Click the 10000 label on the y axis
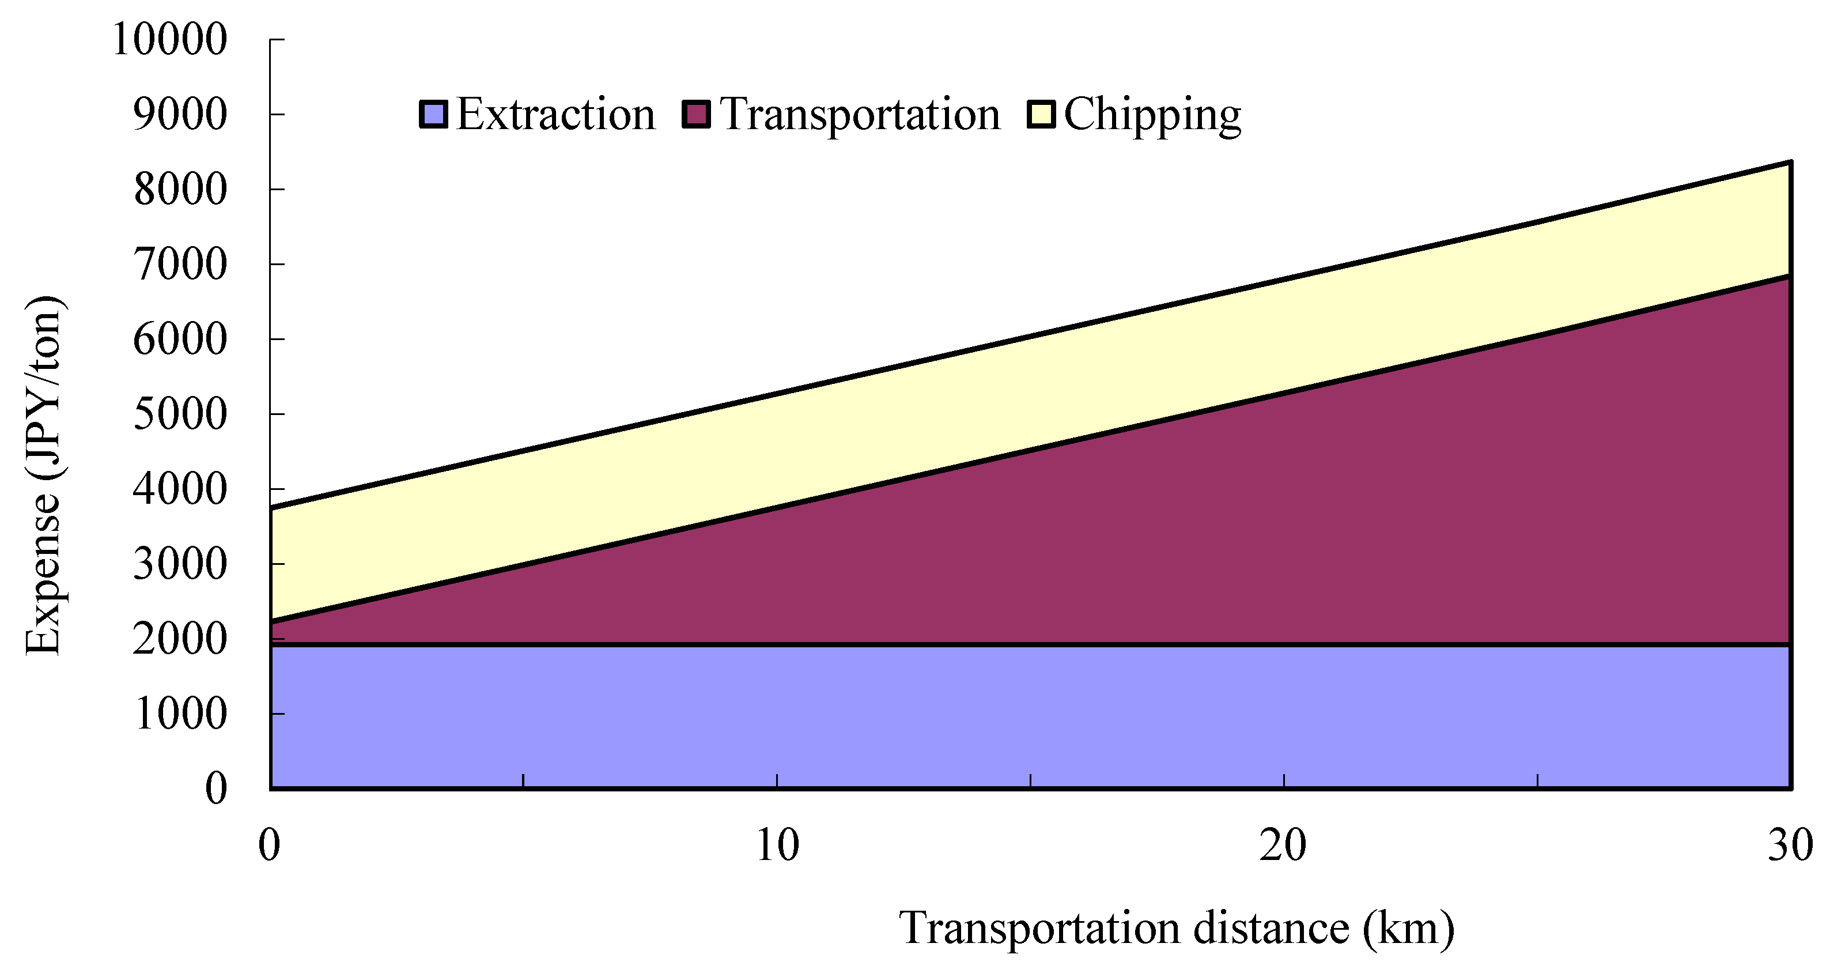coord(169,40)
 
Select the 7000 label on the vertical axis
coord(180,265)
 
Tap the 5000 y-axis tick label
coord(180,414)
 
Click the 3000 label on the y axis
coord(180,564)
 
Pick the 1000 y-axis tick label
coord(180,714)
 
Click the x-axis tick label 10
coord(777,846)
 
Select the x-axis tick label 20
coord(1283,846)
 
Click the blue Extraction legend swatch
coord(433,114)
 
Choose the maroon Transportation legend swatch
coord(696,114)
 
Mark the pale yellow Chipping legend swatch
coord(1041,114)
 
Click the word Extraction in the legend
coord(555,114)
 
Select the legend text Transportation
coord(860,114)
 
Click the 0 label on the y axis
coord(216,789)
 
